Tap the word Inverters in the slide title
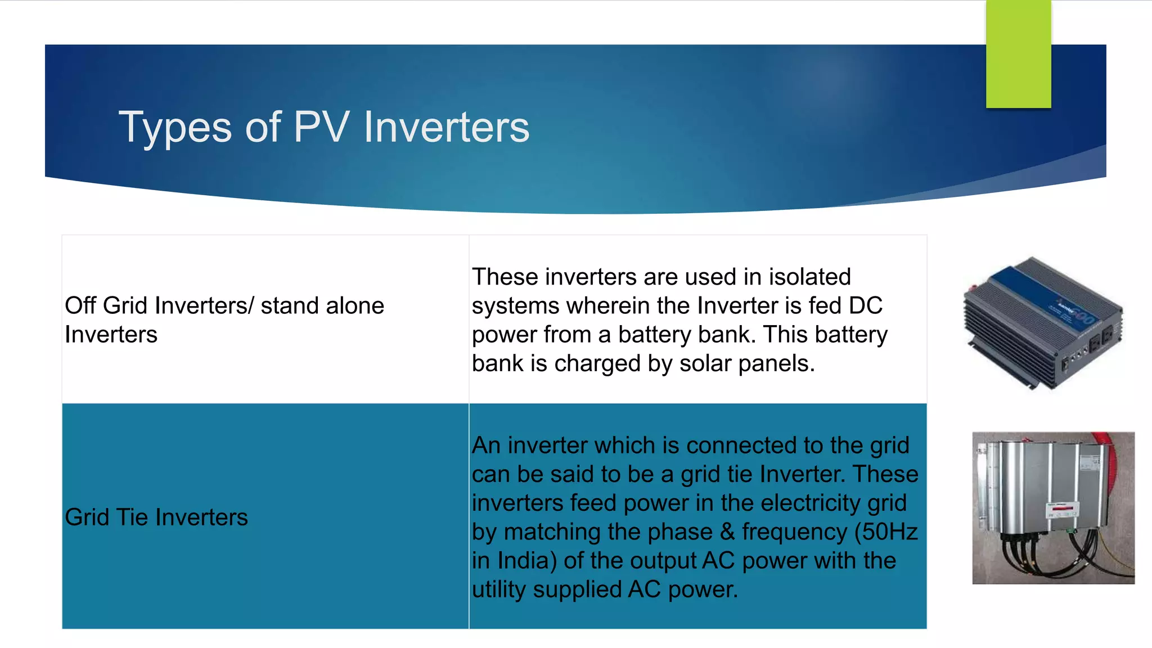(x=447, y=127)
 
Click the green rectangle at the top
(x=1018, y=54)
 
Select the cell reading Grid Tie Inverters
(x=156, y=517)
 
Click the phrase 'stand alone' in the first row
(x=322, y=305)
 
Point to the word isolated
(x=809, y=277)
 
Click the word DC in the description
(x=866, y=305)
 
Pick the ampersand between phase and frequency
(x=727, y=532)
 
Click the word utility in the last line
(x=498, y=589)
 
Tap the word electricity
(x=811, y=503)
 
